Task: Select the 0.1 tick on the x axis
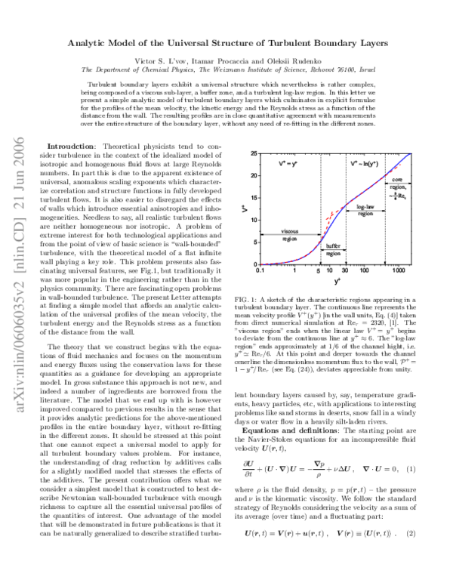point(260,270)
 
